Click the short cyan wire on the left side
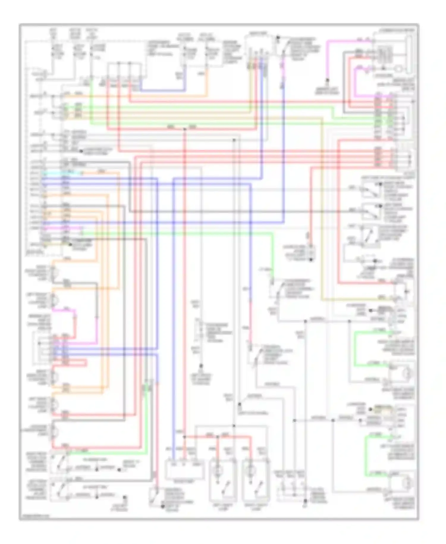pyautogui.click(x=61, y=173)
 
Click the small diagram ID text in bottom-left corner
pyautogui.click(x=34, y=516)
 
